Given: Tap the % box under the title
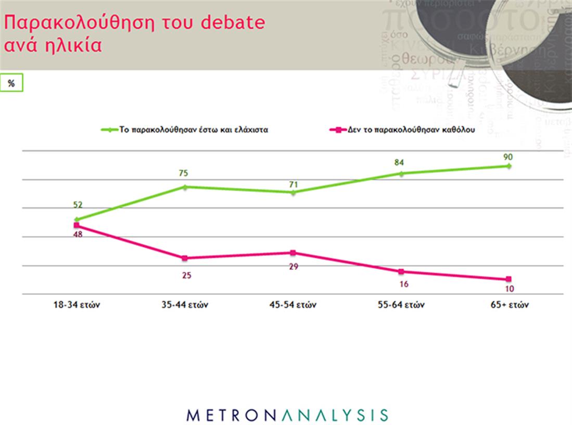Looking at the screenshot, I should coord(11,84).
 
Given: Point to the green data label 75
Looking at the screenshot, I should coord(184,173).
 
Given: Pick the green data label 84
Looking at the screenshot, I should coord(399,162).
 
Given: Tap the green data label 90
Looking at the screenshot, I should coord(509,156).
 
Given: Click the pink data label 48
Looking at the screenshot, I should coord(78,234).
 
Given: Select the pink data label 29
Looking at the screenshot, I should coord(293,266).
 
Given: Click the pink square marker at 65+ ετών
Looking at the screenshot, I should coord(509,279).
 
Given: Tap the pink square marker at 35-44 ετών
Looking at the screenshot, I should coord(184,258).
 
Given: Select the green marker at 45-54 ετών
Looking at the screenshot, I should coord(293,193).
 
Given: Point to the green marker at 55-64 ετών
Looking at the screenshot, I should coord(401,173).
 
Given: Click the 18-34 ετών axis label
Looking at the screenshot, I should coord(77,305).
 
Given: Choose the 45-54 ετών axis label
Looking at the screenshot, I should coord(293,305).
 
